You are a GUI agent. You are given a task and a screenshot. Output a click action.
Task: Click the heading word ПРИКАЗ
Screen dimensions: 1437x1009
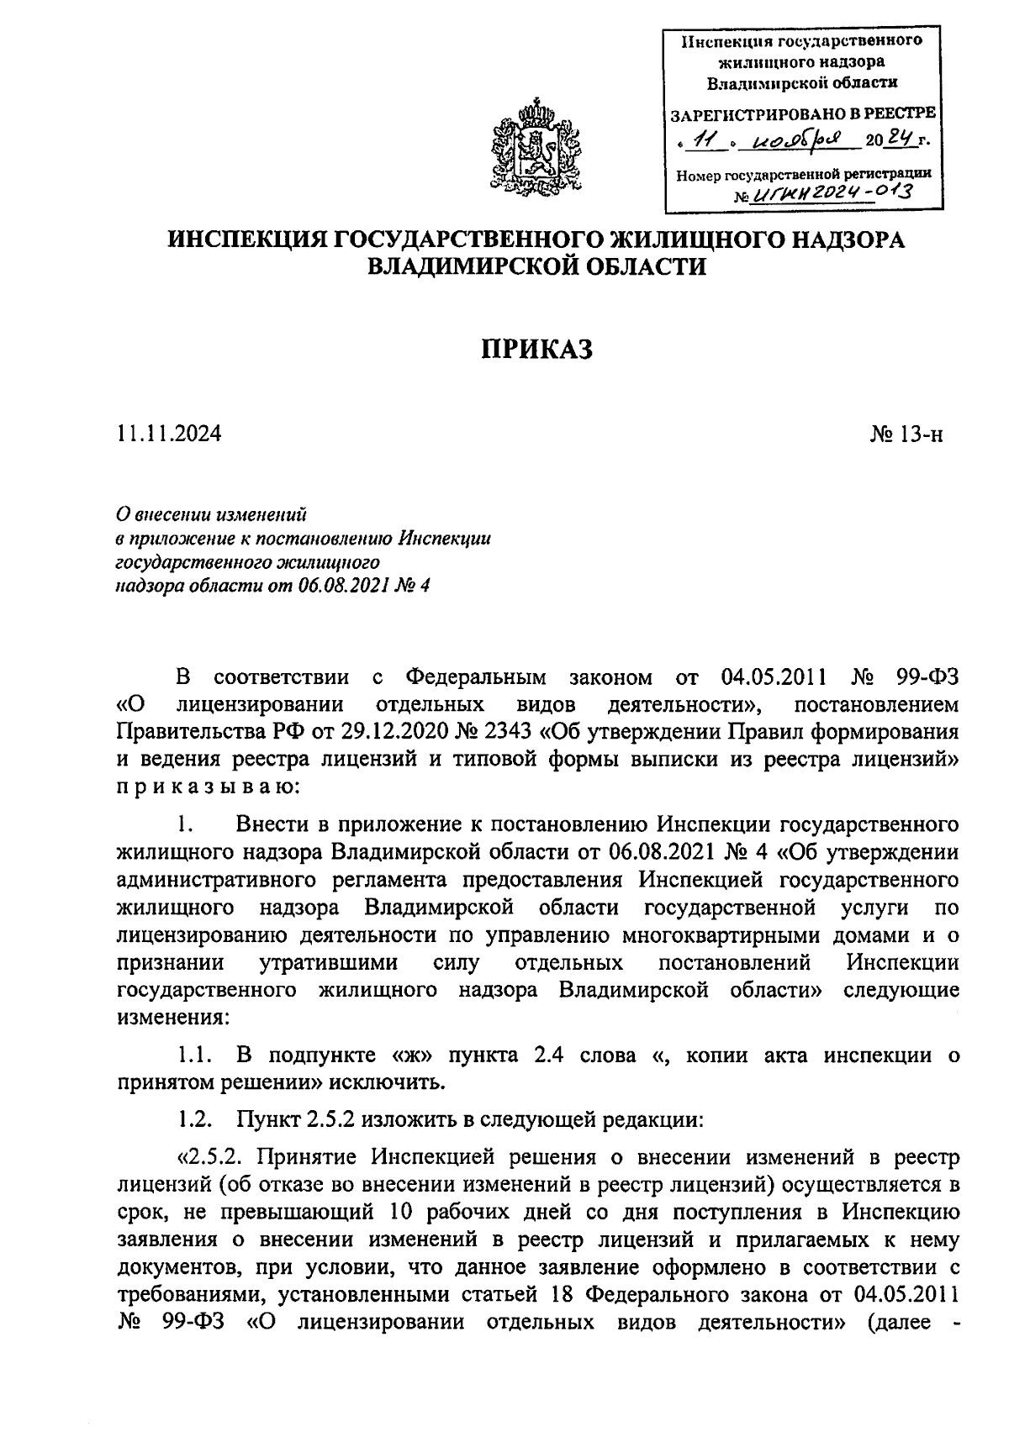[537, 348]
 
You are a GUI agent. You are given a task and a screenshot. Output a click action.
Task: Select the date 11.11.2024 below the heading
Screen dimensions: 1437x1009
[169, 434]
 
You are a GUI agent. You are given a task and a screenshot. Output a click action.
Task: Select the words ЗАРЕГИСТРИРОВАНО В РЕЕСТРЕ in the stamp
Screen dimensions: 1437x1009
[802, 113]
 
